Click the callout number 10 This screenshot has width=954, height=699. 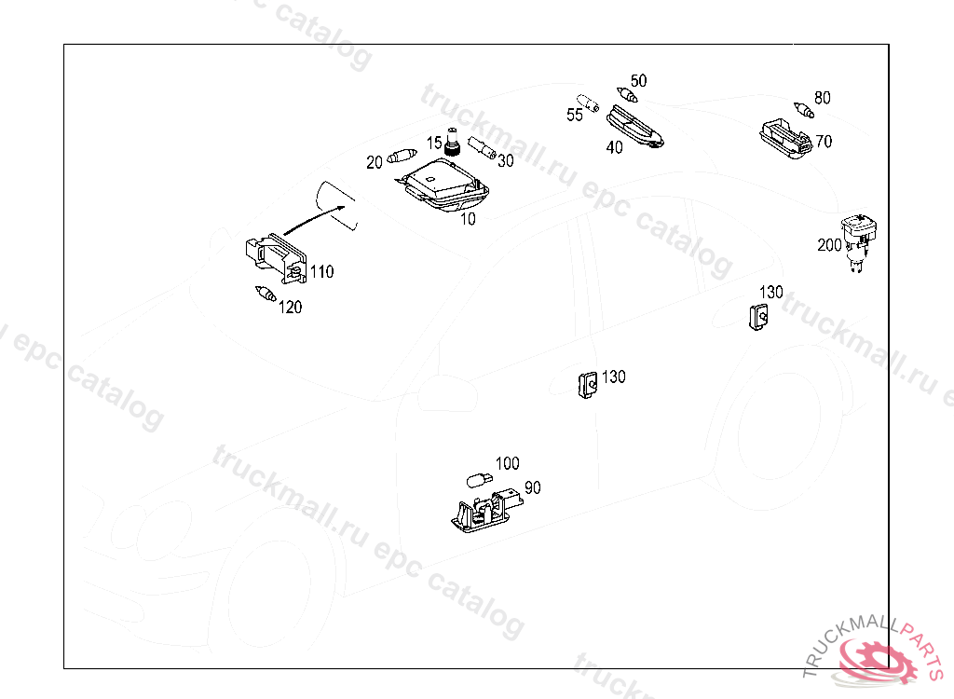(468, 219)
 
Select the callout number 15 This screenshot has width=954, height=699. (434, 143)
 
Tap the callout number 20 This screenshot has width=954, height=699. (374, 162)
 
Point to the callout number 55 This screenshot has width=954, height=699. (575, 115)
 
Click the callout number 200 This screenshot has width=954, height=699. (829, 245)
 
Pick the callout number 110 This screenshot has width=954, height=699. (321, 272)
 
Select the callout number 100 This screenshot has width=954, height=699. (507, 463)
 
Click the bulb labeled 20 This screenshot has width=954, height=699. (403, 155)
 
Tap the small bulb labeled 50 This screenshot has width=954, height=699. (629, 94)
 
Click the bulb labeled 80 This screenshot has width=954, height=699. (804, 110)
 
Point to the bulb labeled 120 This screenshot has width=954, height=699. (265, 295)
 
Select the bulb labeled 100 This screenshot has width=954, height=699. (477, 480)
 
